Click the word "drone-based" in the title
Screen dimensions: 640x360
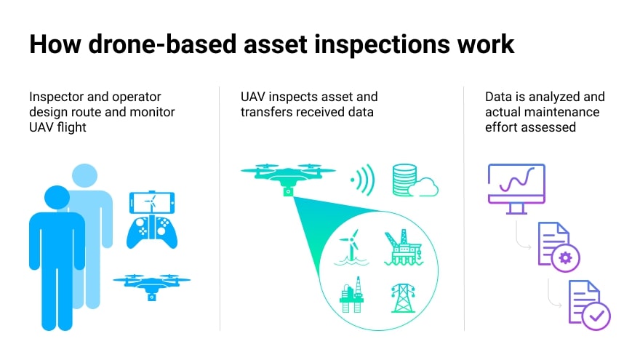coord(162,44)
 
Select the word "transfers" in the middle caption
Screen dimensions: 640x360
coord(265,112)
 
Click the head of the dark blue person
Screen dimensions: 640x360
coord(57,198)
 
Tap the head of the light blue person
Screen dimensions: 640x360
coord(84,176)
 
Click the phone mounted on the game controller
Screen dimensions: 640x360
coord(152,202)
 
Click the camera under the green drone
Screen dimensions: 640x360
coord(288,191)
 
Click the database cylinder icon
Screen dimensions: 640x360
coord(404,180)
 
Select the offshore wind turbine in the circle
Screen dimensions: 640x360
coord(351,247)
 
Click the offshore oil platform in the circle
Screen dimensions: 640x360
coord(403,247)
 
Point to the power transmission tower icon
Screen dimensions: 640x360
coord(403,298)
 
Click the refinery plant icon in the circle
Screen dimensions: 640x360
coord(352,295)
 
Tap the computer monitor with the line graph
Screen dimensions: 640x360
coord(516,188)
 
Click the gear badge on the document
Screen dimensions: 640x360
coord(565,258)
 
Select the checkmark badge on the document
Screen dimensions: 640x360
coord(596,316)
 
